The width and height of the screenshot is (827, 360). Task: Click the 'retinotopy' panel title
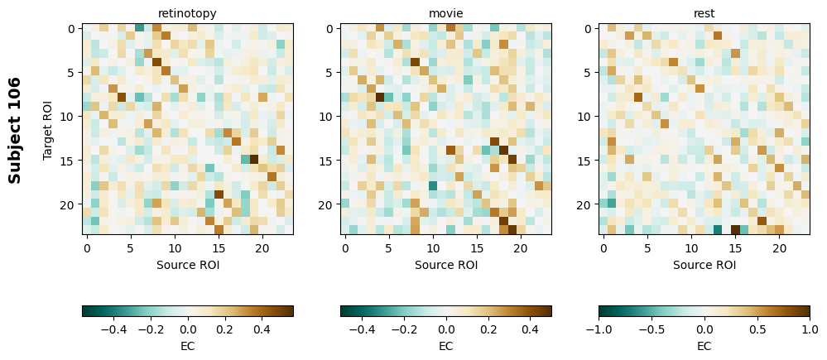click(x=187, y=13)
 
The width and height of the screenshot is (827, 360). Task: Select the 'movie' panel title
click(x=445, y=13)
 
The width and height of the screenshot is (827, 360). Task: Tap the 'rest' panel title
click(x=704, y=13)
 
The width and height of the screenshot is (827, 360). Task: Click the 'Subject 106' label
click(x=15, y=130)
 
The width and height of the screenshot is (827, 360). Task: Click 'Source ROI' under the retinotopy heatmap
click(x=187, y=265)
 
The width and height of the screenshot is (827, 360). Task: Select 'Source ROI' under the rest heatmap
click(x=704, y=265)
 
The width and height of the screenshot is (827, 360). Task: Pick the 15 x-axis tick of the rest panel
click(x=735, y=247)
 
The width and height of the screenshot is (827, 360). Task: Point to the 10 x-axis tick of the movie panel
click(x=432, y=247)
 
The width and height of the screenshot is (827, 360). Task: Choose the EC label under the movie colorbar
click(x=445, y=346)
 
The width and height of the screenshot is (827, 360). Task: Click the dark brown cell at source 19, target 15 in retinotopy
click(x=253, y=160)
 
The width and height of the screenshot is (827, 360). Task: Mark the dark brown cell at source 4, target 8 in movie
click(x=380, y=98)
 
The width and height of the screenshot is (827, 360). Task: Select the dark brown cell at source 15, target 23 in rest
click(x=735, y=230)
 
